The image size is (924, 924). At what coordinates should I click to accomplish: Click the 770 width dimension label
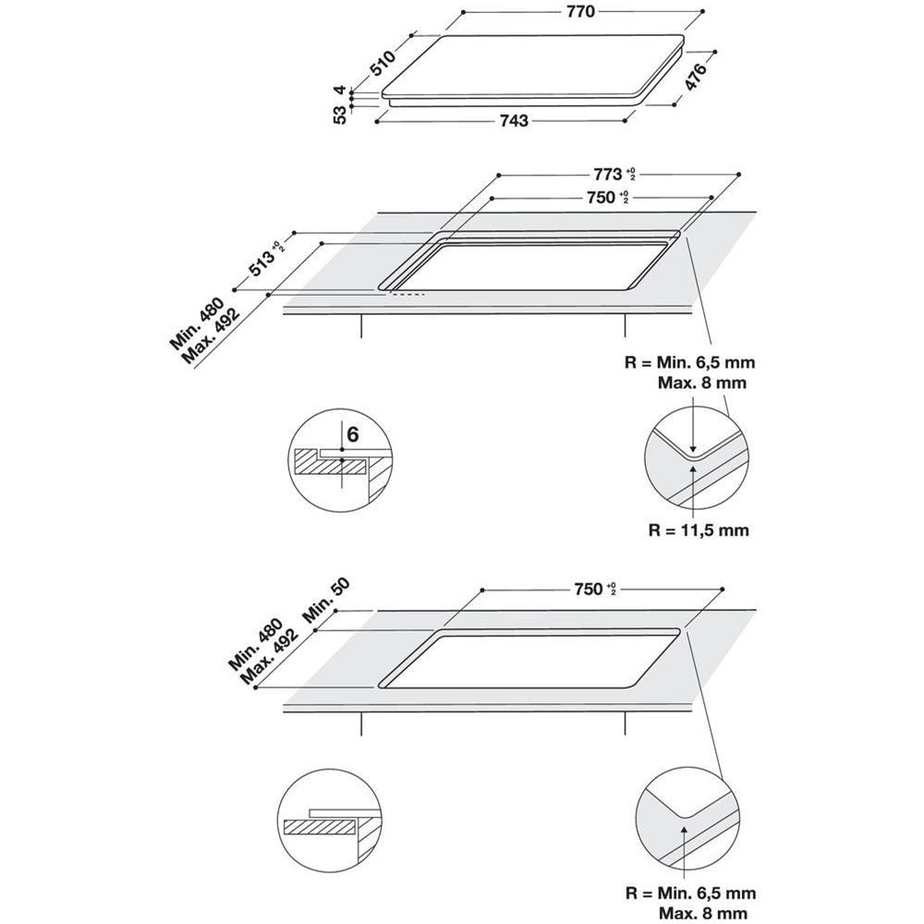point(582,11)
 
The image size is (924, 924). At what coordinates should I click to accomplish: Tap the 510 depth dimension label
point(383,61)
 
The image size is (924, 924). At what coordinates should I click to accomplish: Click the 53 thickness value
point(341,115)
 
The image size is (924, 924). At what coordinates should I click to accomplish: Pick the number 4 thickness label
point(341,91)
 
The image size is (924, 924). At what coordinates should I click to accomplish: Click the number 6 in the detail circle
point(352,433)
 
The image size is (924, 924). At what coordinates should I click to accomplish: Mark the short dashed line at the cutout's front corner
point(407,296)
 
